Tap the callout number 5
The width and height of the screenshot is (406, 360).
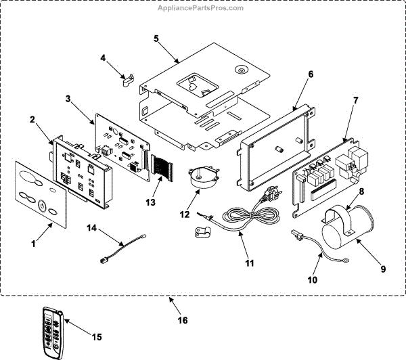(156, 38)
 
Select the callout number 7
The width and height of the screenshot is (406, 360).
(355, 101)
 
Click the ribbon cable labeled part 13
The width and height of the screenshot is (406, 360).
(162, 168)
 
